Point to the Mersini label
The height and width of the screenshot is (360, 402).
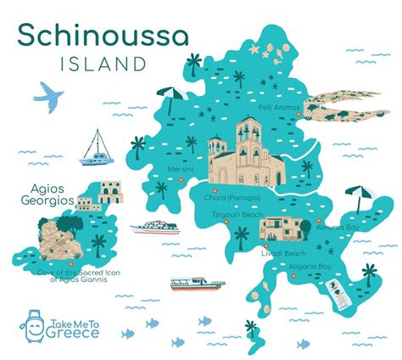pyautogui.click(x=181, y=169)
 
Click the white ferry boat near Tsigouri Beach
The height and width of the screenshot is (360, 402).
pyautogui.click(x=154, y=228)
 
